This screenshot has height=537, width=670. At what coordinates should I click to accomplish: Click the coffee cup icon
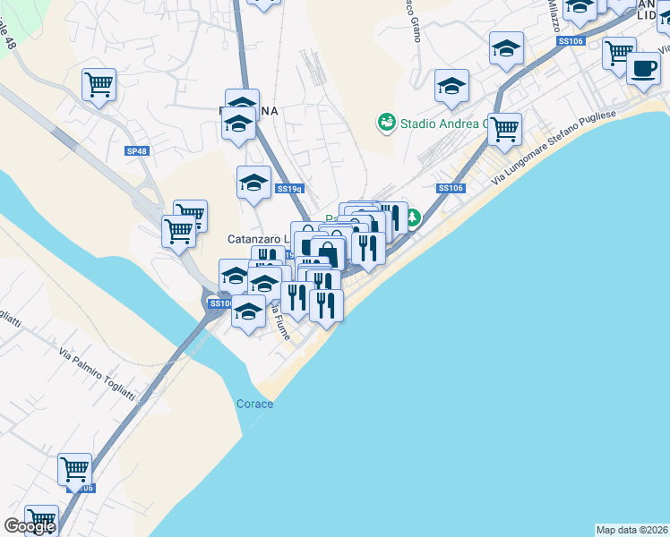[x=643, y=68]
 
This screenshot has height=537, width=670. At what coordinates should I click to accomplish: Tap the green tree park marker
[x=413, y=217]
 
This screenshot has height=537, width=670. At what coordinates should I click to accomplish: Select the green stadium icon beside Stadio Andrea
[x=386, y=122]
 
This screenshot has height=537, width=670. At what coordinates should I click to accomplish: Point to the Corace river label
[x=254, y=404]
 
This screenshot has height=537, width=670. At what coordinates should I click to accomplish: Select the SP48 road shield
[x=136, y=152]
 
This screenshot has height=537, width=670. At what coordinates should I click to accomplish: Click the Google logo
[x=29, y=526]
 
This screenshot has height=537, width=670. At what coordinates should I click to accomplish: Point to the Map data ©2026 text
[x=631, y=530]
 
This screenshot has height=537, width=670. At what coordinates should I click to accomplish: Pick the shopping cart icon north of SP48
[x=99, y=85]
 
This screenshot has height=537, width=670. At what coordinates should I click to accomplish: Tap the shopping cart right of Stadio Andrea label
[x=505, y=129]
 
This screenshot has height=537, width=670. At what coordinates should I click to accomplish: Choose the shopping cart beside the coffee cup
[x=619, y=54]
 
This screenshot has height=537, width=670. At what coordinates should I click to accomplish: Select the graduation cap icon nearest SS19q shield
[x=253, y=183]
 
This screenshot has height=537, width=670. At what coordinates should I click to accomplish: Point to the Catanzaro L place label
[x=258, y=239]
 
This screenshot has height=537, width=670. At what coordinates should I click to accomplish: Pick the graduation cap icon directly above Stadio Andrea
[x=451, y=87]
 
